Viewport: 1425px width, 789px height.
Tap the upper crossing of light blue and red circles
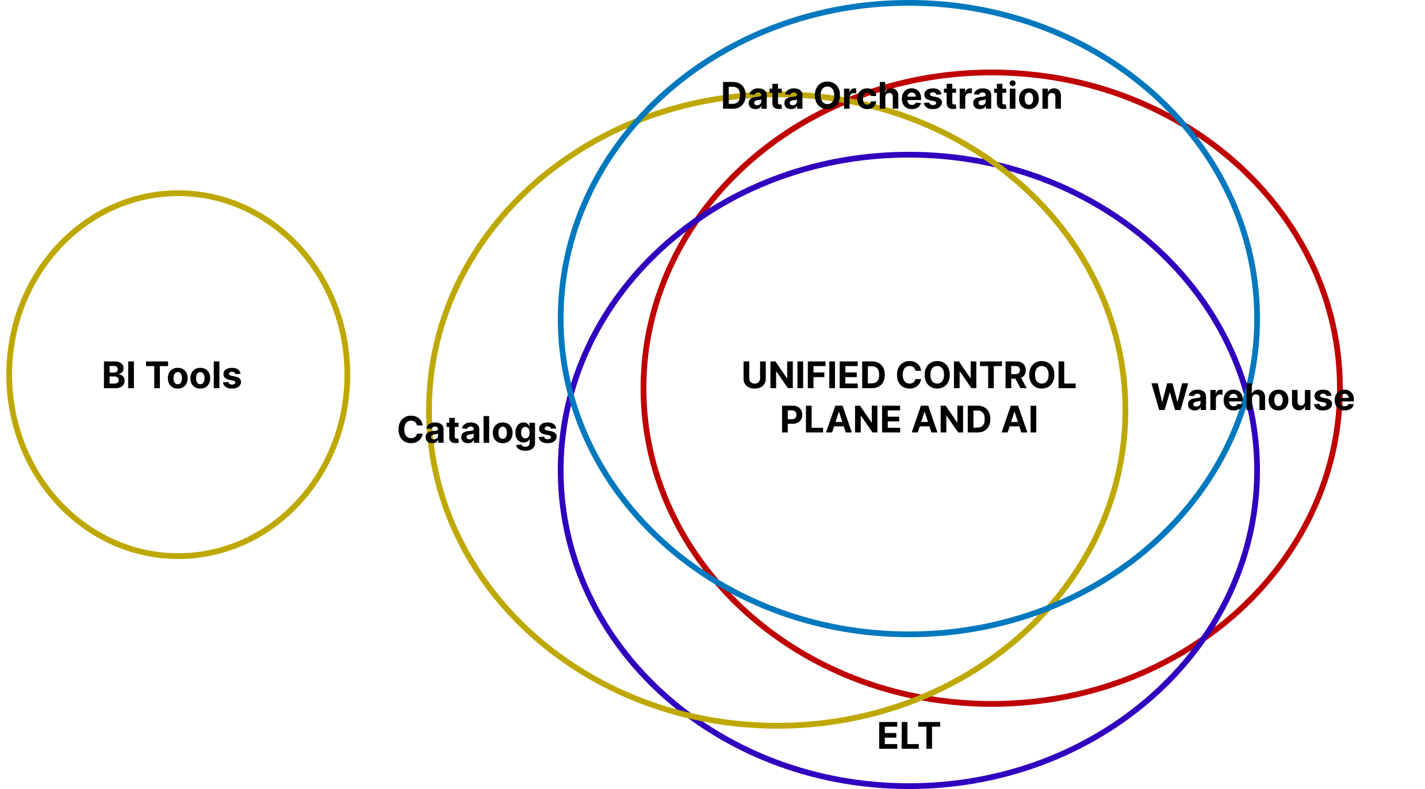click(x=1182, y=122)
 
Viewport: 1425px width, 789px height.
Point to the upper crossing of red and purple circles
click(x=696, y=219)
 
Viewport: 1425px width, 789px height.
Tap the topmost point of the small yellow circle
click(x=178, y=194)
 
